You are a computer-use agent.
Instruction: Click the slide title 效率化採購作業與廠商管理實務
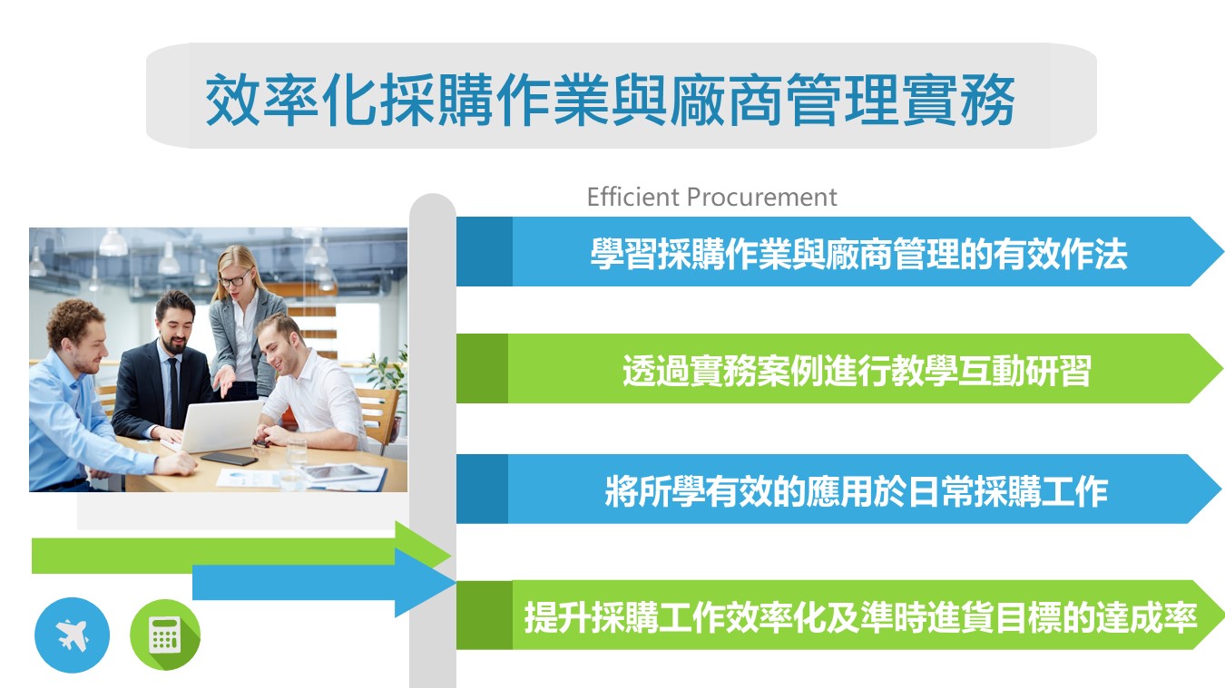pyautogui.click(x=610, y=100)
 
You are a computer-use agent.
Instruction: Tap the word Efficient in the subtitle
pyautogui.click(x=632, y=198)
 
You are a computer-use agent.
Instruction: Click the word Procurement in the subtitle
pyautogui.click(x=762, y=198)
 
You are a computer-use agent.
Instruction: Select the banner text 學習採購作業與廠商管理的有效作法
pyautogui.click(x=858, y=254)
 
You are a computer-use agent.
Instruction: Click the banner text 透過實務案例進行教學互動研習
pyautogui.click(x=857, y=371)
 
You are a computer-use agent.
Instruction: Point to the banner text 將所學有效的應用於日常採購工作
pyautogui.click(x=857, y=491)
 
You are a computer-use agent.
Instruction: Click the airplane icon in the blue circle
pyautogui.click(x=73, y=635)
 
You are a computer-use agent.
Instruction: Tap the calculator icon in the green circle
pyautogui.click(x=164, y=635)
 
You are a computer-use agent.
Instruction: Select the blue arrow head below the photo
pyautogui.click(x=425, y=583)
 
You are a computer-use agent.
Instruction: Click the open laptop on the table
pyautogui.click(x=219, y=426)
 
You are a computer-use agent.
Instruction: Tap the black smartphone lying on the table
pyautogui.click(x=230, y=459)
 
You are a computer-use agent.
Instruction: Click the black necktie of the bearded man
pyautogui.click(x=172, y=391)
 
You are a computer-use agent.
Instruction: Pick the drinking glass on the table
pyautogui.click(x=297, y=451)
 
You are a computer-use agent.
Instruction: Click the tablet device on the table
pyautogui.click(x=340, y=472)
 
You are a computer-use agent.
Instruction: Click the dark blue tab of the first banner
pyautogui.click(x=485, y=251)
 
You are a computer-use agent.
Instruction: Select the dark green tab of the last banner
pyautogui.click(x=485, y=615)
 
